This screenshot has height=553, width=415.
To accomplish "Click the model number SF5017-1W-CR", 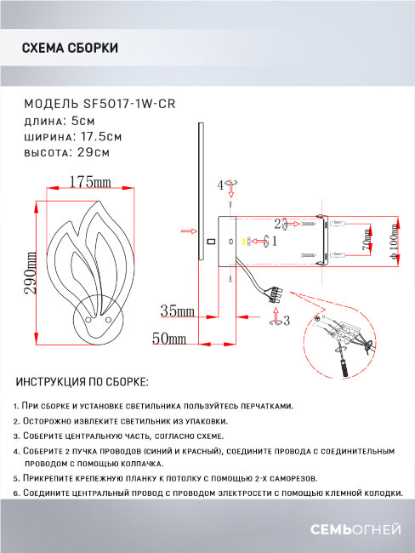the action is click(139, 104).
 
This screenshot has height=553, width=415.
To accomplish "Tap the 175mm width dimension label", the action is click(91, 182).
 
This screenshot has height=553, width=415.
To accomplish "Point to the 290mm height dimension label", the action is click(31, 274).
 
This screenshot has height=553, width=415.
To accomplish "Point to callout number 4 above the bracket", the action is click(220, 185).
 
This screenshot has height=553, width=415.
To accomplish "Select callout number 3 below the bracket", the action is click(287, 321).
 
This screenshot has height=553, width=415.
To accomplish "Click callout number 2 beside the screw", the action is click(278, 223).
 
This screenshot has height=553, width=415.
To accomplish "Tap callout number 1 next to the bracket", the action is click(274, 242).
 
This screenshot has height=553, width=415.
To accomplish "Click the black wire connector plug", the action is click(275, 295).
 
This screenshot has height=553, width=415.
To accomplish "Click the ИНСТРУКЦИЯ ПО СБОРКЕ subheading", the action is click(82, 382).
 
